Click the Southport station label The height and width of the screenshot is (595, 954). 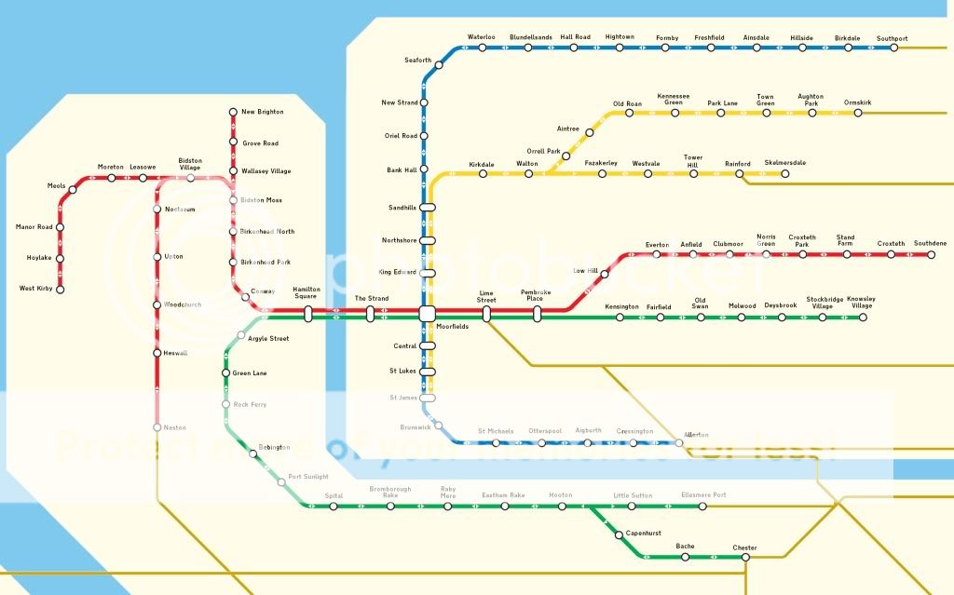point(892,38)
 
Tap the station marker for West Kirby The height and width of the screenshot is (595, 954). point(61,290)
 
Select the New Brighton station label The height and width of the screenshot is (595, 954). point(262,112)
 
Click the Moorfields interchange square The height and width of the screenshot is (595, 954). point(428,314)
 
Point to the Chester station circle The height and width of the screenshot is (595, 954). point(745,558)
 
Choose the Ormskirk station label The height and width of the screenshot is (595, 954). point(857,101)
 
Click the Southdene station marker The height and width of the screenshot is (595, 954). point(931,254)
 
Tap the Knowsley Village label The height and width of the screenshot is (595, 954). point(862,303)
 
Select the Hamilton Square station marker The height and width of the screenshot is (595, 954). point(308,314)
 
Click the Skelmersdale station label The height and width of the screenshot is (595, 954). point(784,163)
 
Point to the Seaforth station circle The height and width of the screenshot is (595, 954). point(439,65)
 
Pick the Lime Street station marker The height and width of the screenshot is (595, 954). point(486,314)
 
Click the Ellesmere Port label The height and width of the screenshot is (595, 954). point(703,494)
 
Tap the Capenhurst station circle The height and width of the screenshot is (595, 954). point(619,534)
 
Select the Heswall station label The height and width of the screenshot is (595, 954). point(175,353)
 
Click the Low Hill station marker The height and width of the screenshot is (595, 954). point(605,274)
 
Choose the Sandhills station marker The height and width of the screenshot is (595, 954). point(428,208)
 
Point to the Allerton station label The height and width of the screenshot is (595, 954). point(696,435)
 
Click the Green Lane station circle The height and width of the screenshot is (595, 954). point(225,373)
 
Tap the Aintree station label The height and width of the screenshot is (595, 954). point(568,128)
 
